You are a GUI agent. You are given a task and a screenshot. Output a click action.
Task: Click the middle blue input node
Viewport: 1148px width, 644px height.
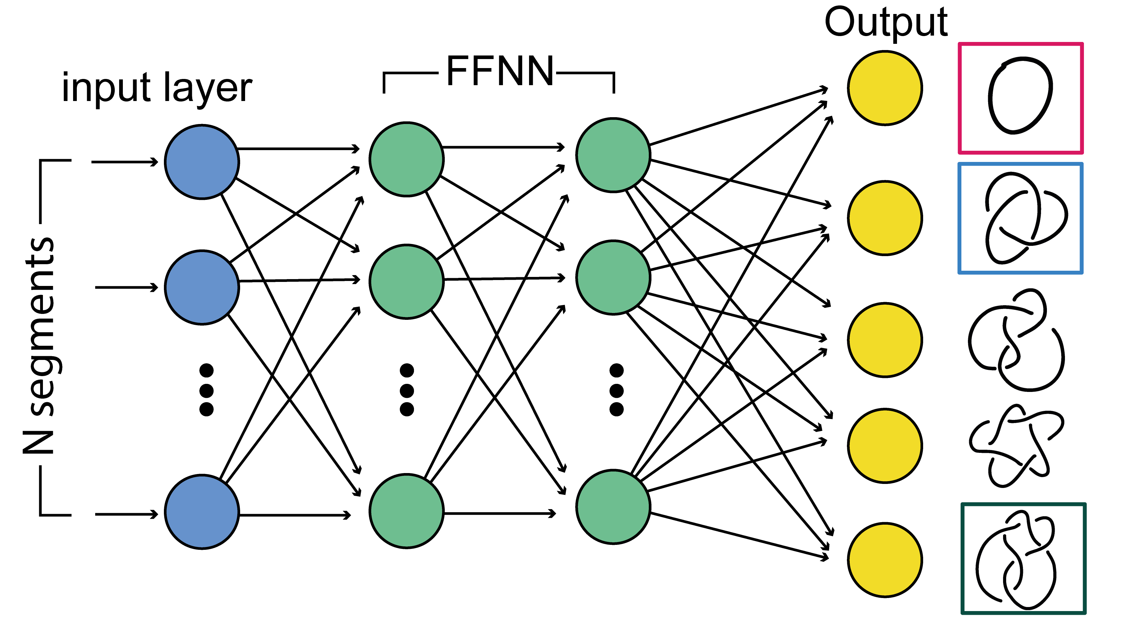202,287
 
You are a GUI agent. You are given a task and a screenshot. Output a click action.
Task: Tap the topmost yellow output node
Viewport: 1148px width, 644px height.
885,88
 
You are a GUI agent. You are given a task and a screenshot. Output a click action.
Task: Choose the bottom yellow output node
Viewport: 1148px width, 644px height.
885,559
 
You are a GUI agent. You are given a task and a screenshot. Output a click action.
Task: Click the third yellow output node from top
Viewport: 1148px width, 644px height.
885,340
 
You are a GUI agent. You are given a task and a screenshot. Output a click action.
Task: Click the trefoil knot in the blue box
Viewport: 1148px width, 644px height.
1025,218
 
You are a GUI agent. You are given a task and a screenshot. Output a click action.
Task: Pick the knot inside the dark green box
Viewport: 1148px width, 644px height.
1016,559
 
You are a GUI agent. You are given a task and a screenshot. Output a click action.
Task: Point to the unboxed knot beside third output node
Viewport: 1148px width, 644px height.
1016,340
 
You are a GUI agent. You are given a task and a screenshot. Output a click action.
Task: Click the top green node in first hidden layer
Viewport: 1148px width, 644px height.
407,159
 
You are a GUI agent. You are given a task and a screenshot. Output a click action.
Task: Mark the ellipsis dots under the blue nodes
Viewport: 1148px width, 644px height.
206,390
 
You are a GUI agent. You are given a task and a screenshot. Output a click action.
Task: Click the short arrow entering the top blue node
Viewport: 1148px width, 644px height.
125,162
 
